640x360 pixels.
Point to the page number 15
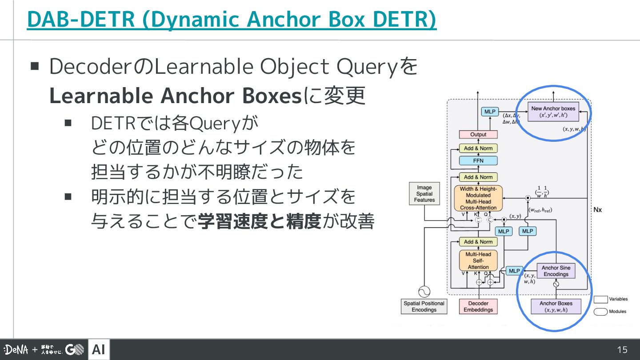coord(622,350)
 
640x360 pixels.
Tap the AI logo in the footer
coord(99,350)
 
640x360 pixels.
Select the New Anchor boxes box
coord(553,112)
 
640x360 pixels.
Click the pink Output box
coord(478,134)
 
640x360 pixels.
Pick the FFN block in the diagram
coord(478,160)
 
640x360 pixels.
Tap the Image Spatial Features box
coord(424,194)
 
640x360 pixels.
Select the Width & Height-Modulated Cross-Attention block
coord(478,198)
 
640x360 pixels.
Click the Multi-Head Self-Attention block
coord(478,260)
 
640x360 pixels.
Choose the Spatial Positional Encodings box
coord(424,306)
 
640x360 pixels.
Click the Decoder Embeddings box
coord(478,306)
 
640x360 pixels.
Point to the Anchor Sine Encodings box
coord(556,271)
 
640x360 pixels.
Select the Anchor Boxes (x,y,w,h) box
coord(556,306)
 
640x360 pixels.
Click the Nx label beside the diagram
coord(598,209)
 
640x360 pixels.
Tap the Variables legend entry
coord(618,299)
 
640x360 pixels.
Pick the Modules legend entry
coord(617,312)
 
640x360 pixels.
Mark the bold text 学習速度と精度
coord(259,221)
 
